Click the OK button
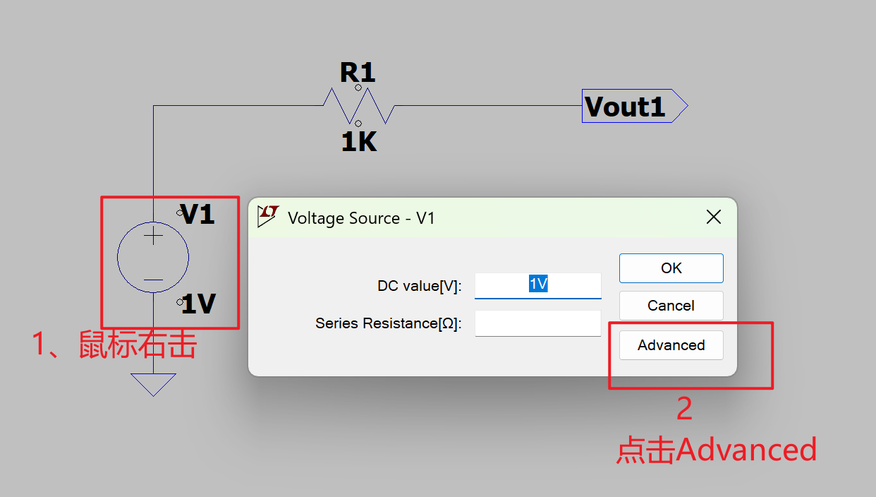[671, 268]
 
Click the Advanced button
[671, 345]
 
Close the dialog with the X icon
[714, 217]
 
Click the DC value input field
[537, 285]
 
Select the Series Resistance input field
[537, 323]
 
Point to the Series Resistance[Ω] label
[388, 323]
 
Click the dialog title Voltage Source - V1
[361, 218]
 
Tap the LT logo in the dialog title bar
[267, 216]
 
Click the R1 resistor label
[358, 73]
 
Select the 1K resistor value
[358, 143]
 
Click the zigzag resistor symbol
[358, 106]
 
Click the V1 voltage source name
[197, 215]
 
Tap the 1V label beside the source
[198, 304]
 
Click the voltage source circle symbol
[153, 257]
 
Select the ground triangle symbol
[153, 384]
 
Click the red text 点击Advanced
[717, 450]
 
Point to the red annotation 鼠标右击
[137, 345]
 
